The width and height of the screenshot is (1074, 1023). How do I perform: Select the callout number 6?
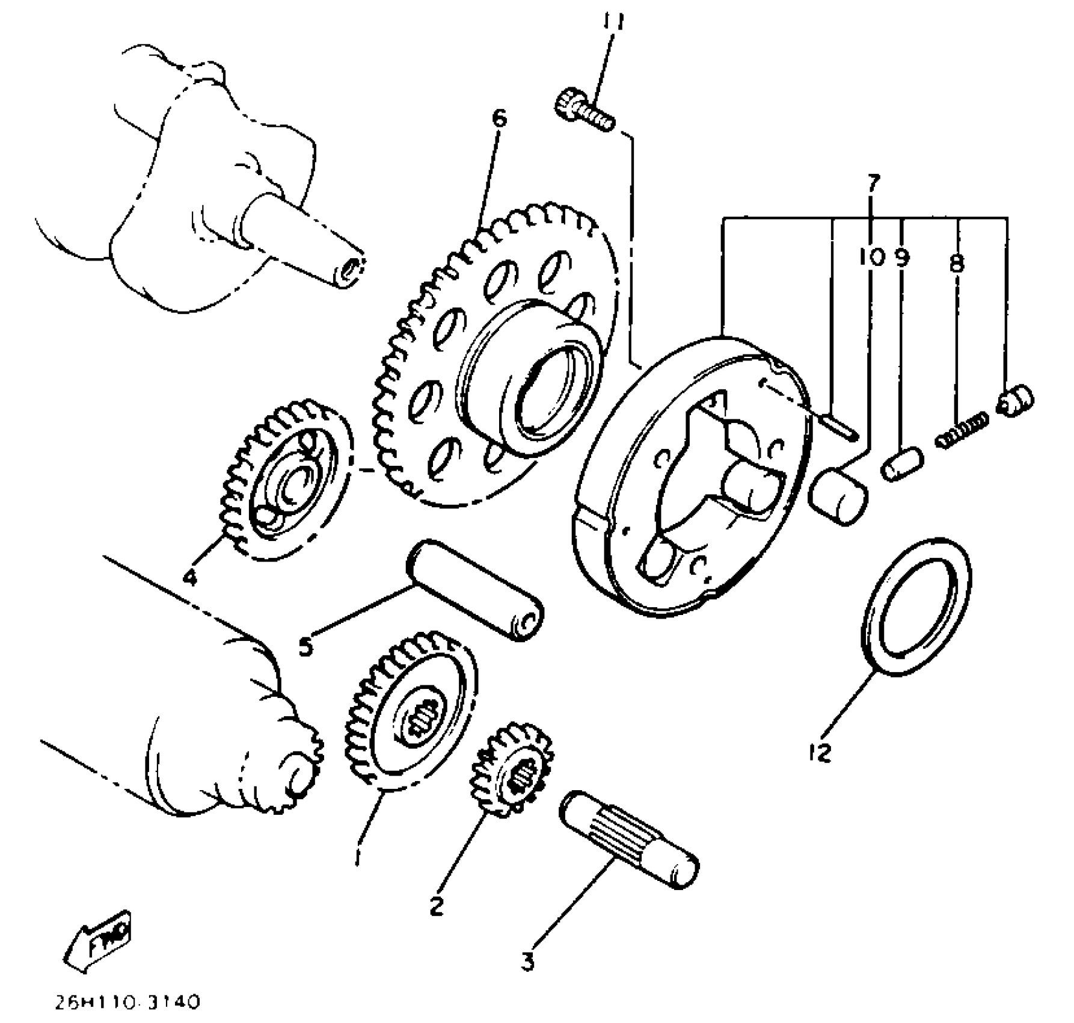(x=499, y=118)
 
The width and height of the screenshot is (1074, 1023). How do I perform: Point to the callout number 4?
(x=190, y=578)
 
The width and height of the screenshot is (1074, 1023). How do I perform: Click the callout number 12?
(x=820, y=752)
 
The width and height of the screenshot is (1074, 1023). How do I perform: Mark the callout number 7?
(x=873, y=182)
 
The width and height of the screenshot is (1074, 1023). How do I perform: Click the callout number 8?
(x=957, y=263)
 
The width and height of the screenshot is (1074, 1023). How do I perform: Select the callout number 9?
(x=902, y=258)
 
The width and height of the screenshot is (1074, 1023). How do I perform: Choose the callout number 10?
(x=872, y=258)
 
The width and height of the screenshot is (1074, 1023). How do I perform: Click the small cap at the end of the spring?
(x=1016, y=400)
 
